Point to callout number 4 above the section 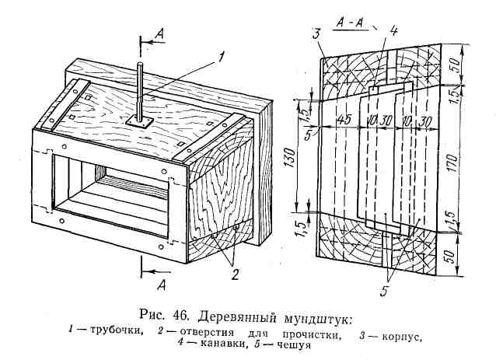pos(394,32)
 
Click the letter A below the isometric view pos(162,285)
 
